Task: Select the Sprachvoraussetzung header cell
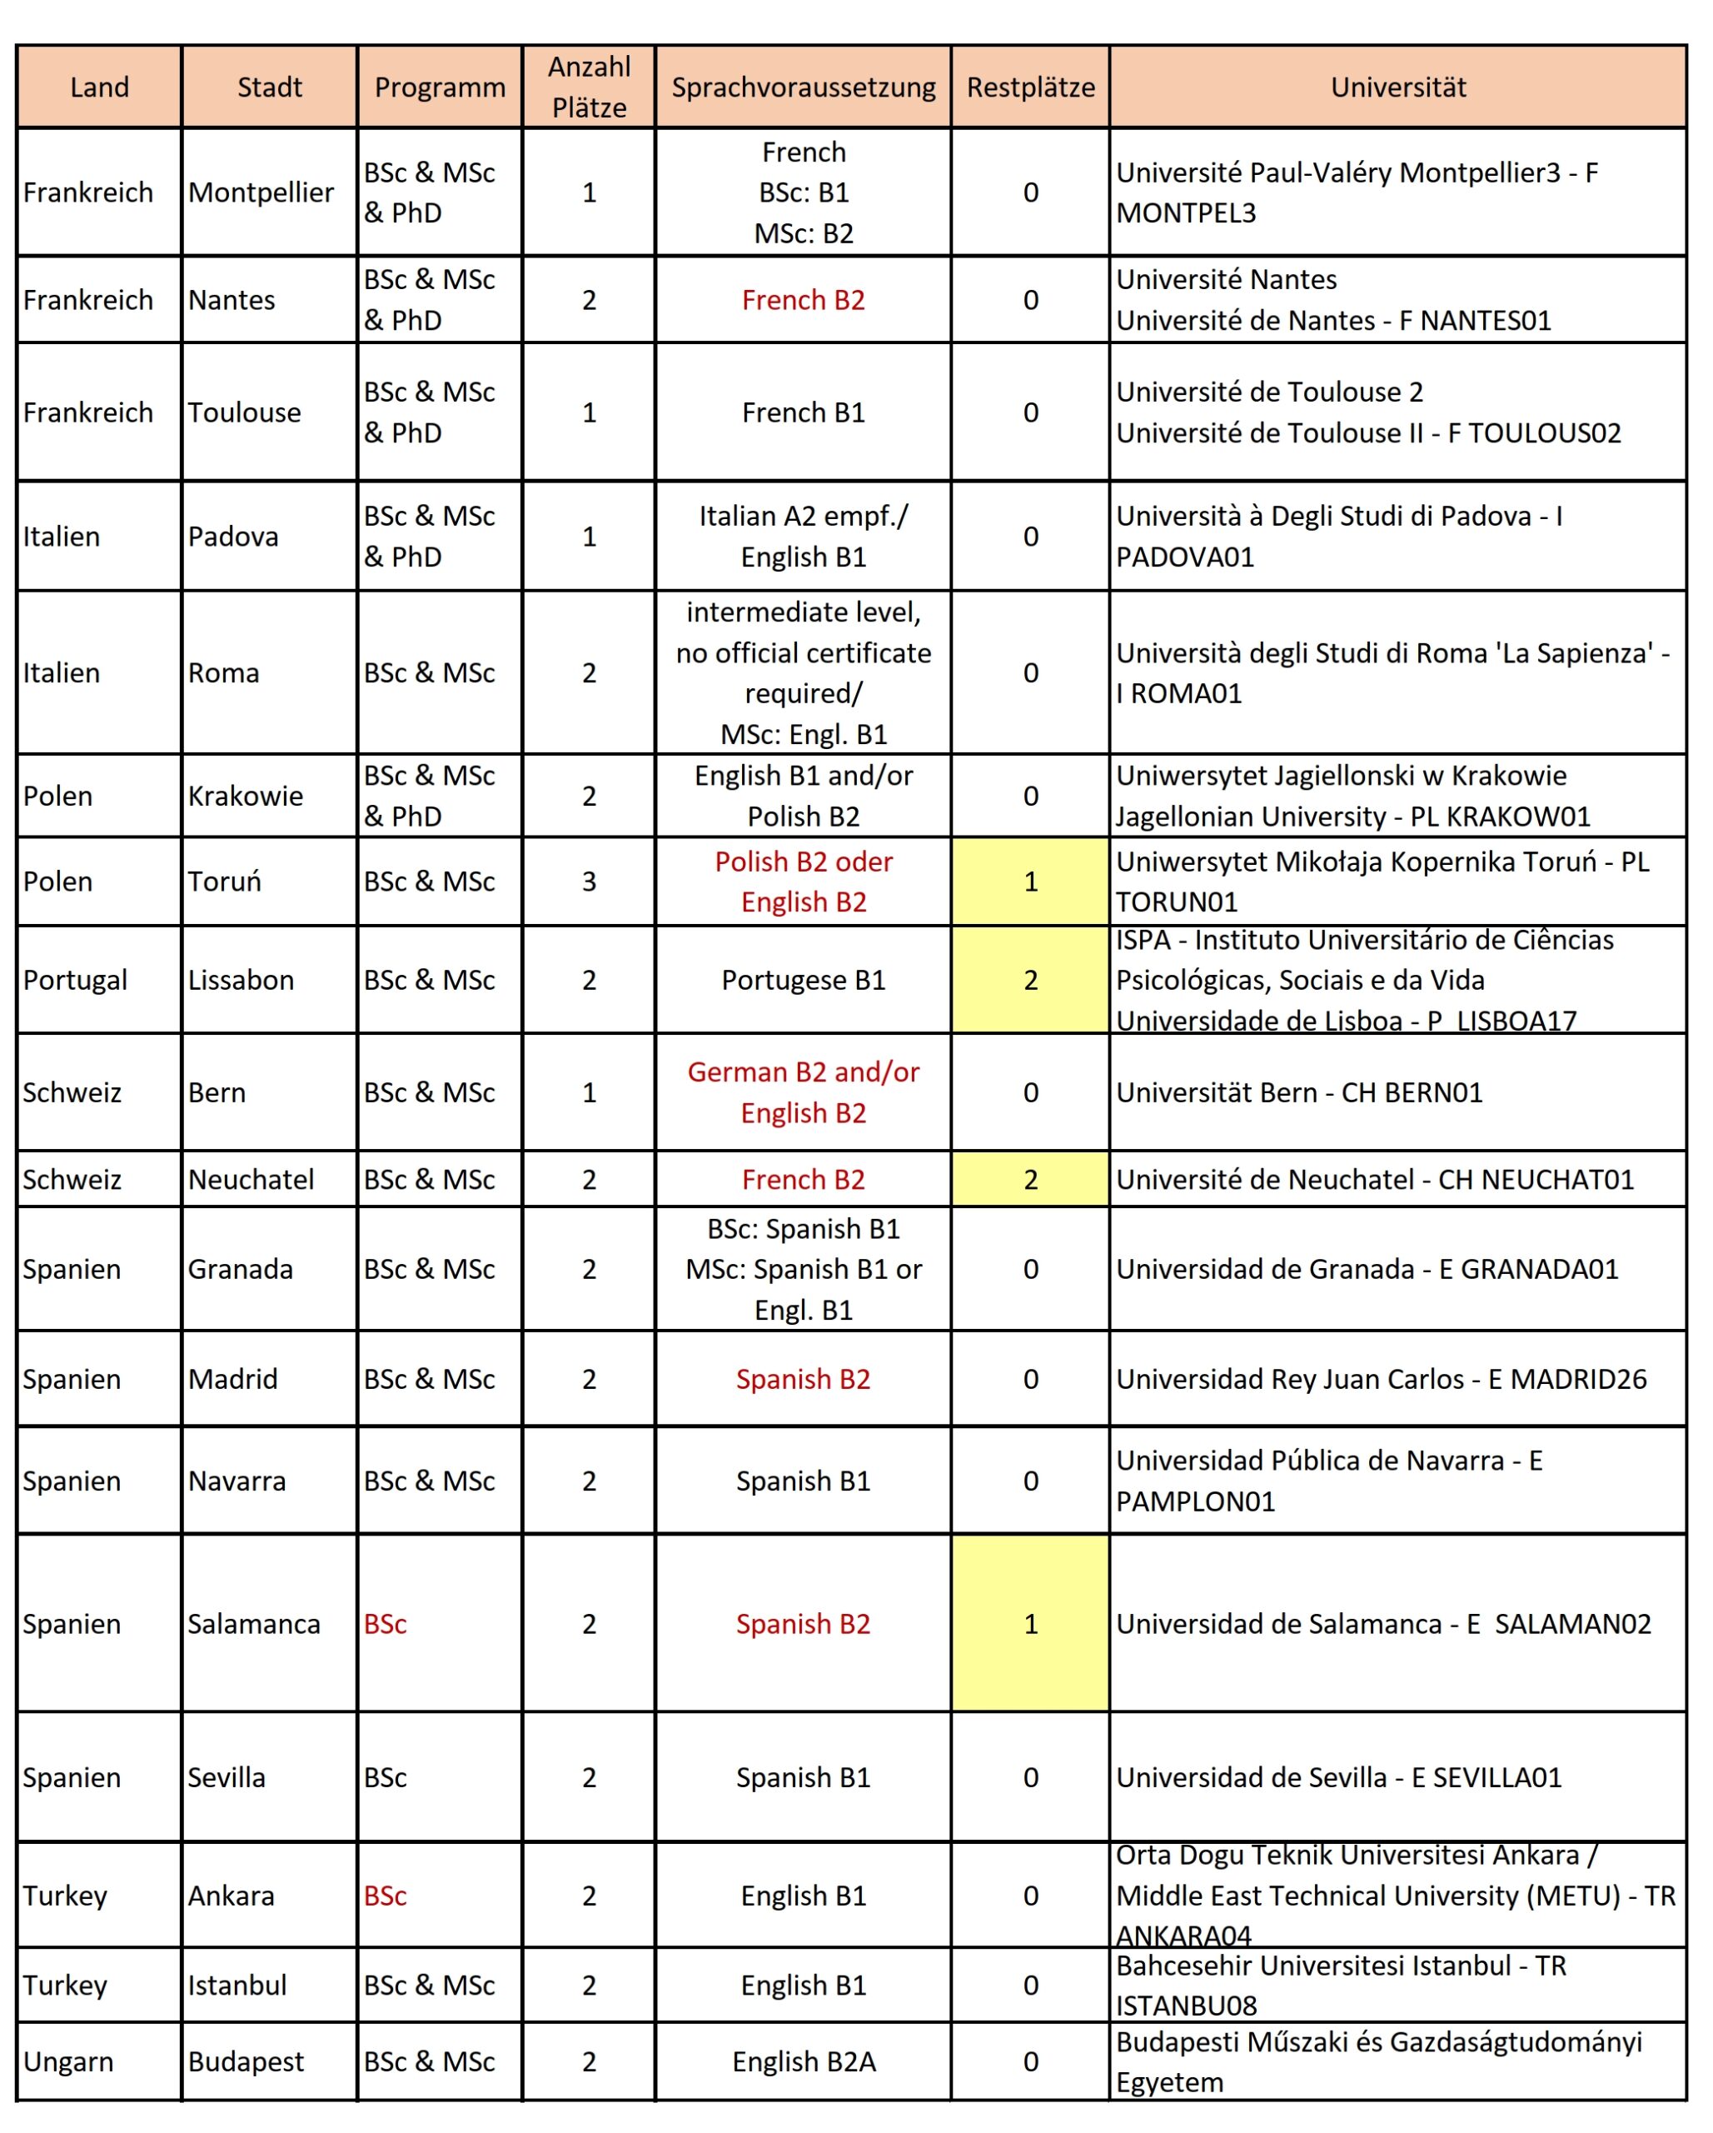[803, 87]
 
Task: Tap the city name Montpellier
[261, 192]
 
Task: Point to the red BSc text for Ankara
[385, 1895]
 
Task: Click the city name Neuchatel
[251, 1178]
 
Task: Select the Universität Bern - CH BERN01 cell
[1298, 1092]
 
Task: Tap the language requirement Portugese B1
[803, 980]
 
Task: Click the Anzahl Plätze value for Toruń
[589, 881]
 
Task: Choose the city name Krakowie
[246, 796]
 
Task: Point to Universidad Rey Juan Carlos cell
[1381, 1378]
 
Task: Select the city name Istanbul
[237, 1985]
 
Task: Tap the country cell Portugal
[75, 980]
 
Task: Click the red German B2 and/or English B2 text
[803, 1092]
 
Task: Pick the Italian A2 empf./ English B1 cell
[803, 537]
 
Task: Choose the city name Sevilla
[227, 1777]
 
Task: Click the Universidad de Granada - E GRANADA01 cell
[1367, 1268]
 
